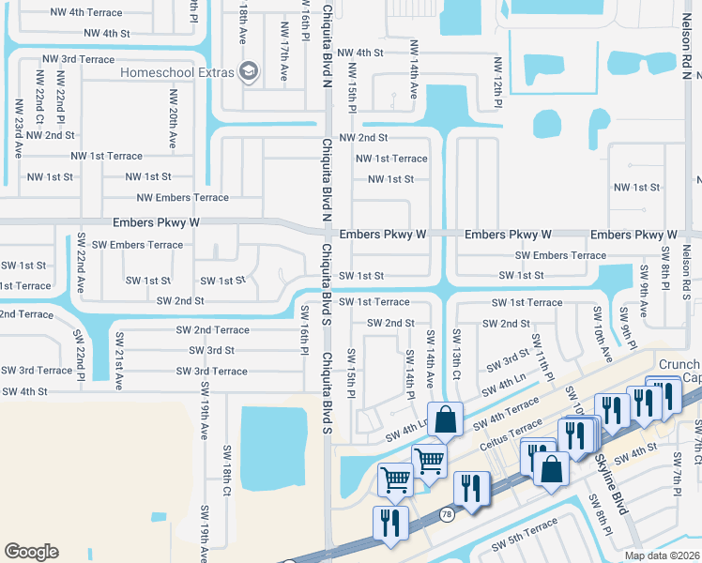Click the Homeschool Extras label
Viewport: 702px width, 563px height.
coord(176,72)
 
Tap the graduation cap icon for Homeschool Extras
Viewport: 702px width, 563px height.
coord(249,71)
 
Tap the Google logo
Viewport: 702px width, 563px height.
coord(31,552)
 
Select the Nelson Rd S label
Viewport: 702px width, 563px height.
coord(686,273)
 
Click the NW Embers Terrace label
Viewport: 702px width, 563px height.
coord(182,198)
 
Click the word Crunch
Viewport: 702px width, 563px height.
coord(679,365)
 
